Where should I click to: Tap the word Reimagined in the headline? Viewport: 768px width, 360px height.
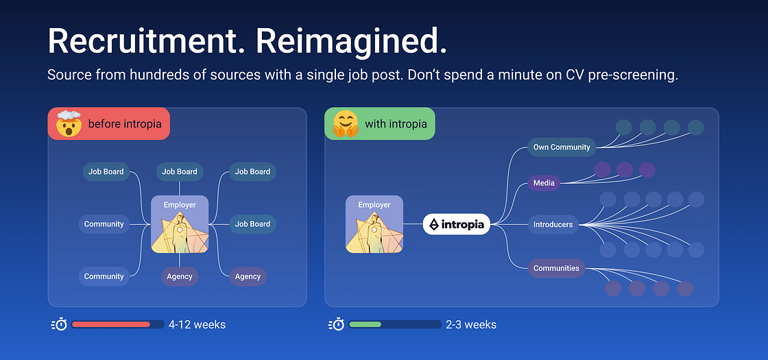[352, 42]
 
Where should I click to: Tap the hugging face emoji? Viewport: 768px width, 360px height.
[346, 124]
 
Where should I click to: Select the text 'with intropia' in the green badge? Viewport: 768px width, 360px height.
[396, 124]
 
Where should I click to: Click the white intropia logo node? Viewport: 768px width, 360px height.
[457, 224]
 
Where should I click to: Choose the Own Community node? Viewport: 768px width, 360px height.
[561, 147]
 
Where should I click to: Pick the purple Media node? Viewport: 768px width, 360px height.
[544, 182]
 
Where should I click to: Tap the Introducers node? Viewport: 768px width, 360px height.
[553, 224]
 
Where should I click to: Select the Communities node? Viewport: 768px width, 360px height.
[556, 268]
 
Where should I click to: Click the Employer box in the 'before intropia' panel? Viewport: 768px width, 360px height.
[180, 224]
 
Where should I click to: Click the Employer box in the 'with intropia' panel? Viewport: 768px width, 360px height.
[374, 224]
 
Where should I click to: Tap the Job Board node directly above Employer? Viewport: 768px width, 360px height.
[180, 171]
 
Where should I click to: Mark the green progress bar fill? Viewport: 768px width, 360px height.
[365, 324]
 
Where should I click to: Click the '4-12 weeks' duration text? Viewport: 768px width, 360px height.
[197, 324]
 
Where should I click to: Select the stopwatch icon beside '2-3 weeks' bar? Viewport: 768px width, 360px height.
[336, 324]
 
